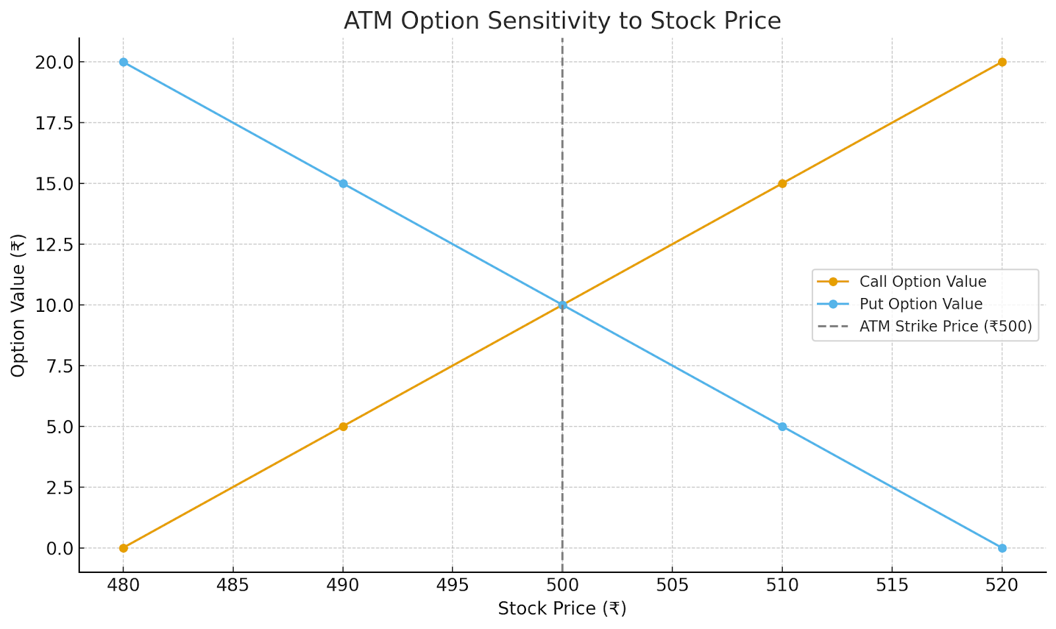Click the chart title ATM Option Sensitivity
pyautogui.click(x=562, y=21)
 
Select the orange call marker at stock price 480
pyautogui.click(x=123, y=548)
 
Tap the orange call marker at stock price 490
pyautogui.click(x=343, y=427)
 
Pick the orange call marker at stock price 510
pyautogui.click(x=782, y=183)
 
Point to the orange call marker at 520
pyautogui.click(x=1002, y=62)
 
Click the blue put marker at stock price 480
pyautogui.click(x=123, y=62)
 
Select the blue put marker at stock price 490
pyautogui.click(x=343, y=183)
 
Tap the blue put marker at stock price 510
pyautogui.click(x=782, y=427)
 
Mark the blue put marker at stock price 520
pyautogui.click(x=1002, y=548)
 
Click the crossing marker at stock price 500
pyautogui.click(x=562, y=305)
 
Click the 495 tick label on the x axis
pyautogui.click(x=453, y=584)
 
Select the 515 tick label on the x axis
pyautogui.click(x=892, y=584)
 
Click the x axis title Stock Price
pyautogui.click(x=562, y=609)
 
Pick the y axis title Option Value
pyautogui.click(x=18, y=305)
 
